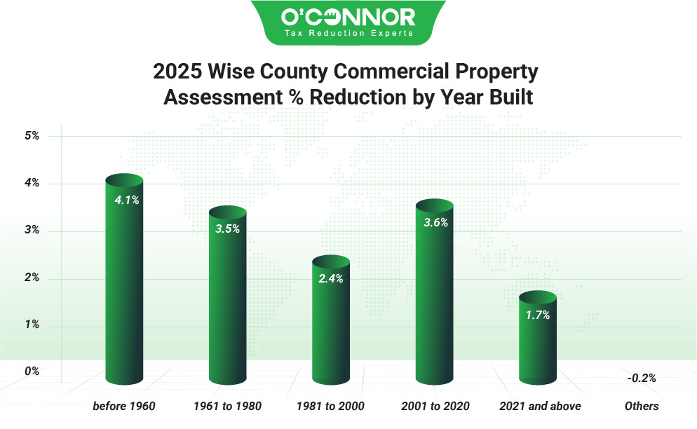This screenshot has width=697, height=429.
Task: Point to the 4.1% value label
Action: (x=127, y=200)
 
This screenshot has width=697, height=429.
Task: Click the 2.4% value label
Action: (x=331, y=278)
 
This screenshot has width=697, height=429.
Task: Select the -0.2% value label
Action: (x=641, y=378)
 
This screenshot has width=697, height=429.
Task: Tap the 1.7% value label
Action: (x=538, y=315)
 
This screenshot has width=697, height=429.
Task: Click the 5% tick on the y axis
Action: (x=32, y=136)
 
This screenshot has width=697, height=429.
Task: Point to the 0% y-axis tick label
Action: (x=32, y=371)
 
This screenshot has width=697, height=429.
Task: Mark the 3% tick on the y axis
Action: (x=32, y=231)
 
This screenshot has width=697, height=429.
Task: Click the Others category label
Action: (x=642, y=406)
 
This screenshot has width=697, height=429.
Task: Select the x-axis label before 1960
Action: (x=124, y=406)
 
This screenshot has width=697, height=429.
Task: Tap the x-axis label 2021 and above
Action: (x=540, y=406)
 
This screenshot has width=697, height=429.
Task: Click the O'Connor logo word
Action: (x=348, y=16)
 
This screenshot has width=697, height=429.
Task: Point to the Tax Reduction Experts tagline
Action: (x=348, y=33)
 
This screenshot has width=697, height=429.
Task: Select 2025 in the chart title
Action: (x=178, y=71)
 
